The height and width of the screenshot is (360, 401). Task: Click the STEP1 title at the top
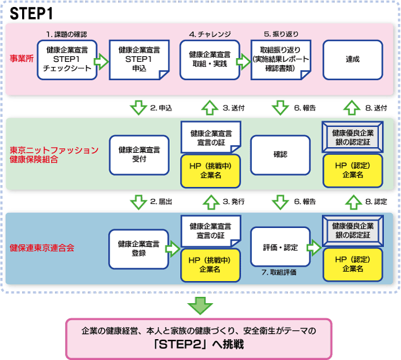[31, 13]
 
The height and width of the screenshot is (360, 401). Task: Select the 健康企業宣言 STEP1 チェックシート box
[67, 60]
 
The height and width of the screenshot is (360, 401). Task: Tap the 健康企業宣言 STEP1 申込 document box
[139, 60]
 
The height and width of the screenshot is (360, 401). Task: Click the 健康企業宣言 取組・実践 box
[210, 60]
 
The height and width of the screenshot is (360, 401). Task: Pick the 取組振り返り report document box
[281, 60]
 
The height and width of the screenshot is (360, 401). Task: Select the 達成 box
[353, 60]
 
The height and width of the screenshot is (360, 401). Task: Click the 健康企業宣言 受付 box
[139, 155]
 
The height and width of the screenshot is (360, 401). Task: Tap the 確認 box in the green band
[280, 155]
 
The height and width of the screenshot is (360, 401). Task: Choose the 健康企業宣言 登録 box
[138, 249]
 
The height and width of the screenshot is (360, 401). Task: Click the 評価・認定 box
[280, 247]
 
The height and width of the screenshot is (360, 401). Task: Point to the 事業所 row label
[21, 59]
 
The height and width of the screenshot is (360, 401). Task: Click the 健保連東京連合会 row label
[42, 248]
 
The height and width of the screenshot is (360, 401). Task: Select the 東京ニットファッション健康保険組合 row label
[54, 155]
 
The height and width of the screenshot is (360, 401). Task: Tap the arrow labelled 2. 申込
[138, 107]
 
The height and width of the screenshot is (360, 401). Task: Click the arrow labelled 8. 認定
[354, 202]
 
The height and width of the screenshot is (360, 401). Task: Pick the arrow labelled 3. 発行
[211, 202]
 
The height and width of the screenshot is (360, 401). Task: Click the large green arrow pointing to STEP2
[200, 306]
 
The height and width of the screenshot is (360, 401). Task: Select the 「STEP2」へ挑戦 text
[199, 344]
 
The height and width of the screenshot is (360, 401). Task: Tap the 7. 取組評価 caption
[279, 272]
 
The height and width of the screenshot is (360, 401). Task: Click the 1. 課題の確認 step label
[66, 34]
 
